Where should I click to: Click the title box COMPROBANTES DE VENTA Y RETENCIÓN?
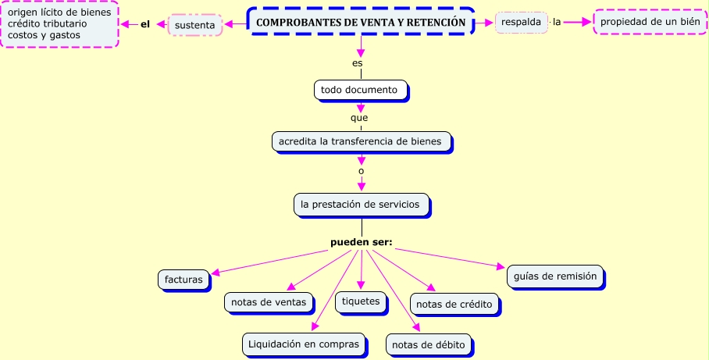tap(365, 23)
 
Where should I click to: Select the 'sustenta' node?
tap(194, 25)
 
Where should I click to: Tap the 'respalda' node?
tap(521, 22)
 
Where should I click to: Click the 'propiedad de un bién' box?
tap(650, 22)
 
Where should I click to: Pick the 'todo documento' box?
tap(360, 90)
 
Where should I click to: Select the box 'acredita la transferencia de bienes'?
tap(360, 141)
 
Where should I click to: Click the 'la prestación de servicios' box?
tap(360, 205)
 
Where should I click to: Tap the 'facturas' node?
tap(183, 279)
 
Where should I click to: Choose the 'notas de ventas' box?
tap(269, 301)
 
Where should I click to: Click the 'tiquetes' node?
tap(361, 301)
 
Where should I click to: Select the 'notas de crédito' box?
tap(454, 304)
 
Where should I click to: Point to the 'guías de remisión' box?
tap(555, 276)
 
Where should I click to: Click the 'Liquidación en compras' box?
tap(303, 343)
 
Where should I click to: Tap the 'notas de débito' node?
tap(428, 344)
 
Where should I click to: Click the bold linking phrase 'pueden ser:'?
tap(361, 242)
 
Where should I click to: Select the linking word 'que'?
tap(359, 118)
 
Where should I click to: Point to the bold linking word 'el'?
tap(144, 24)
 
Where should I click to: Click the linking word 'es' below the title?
tap(358, 62)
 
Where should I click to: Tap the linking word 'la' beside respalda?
tap(557, 22)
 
